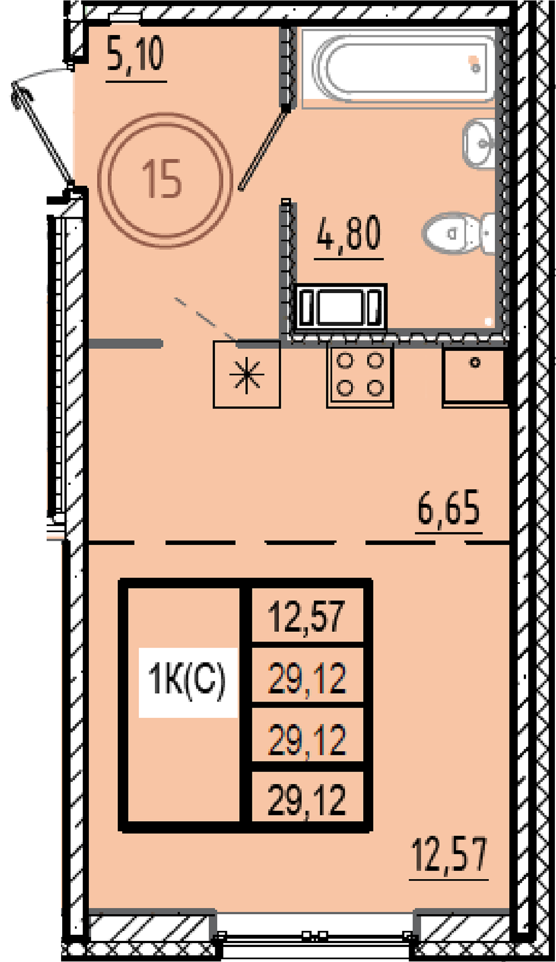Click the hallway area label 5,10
tap(136, 56)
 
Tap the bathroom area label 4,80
tap(349, 234)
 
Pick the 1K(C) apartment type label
tap(187, 680)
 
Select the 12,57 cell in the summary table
tap(307, 616)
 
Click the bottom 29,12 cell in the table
tap(307, 799)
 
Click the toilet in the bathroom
tap(458, 233)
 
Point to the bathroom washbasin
tap(479, 143)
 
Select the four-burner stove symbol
tap(360, 376)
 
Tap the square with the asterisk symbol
tap(247, 374)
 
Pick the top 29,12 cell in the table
tap(307, 677)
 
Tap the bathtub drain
tap(475, 68)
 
